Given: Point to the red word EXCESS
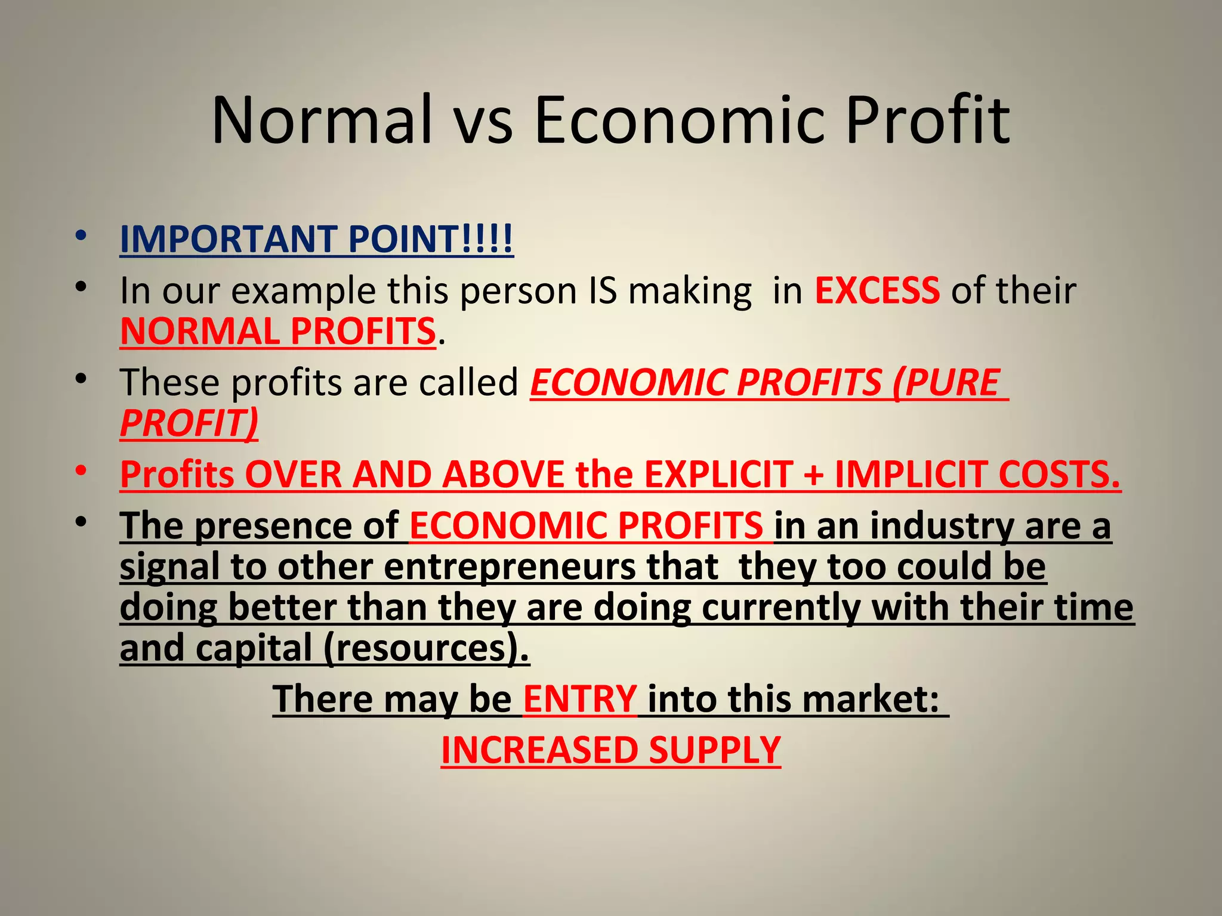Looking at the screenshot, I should click(x=877, y=290).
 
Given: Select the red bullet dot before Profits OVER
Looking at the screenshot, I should click(x=82, y=471).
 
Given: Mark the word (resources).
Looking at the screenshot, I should click(x=426, y=648).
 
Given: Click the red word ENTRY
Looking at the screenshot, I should click(x=580, y=698).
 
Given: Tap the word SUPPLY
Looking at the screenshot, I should click(x=714, y=750).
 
